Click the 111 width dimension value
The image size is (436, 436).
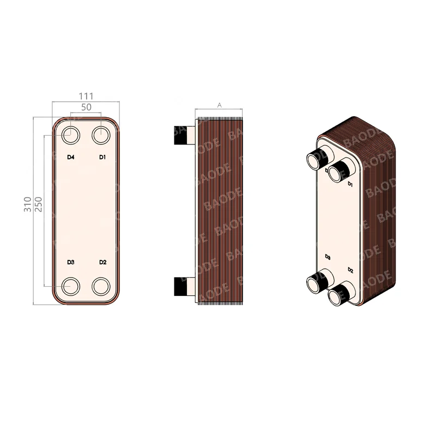pyautogui.click(x=86, y=96)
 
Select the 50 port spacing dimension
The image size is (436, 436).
pyautogui.click(x=86, y=107)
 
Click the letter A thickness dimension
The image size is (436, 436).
pyautogui.click(x=220, y=105)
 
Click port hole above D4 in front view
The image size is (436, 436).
pyautogui.click(x=70, y=135)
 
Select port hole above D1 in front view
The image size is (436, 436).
pyautogui.click(x=101, y=135)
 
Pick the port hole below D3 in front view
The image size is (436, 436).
pyautogui.click(x=70, y=286)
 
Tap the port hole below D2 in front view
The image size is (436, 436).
pyautogui.click(x=101, y=286)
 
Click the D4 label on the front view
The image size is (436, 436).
pyautogui.click(x=70, y=158)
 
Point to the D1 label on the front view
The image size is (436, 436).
pyautogui.click(x=102, y=158)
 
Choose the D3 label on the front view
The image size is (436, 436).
pyautogui.click(x=70, y=263)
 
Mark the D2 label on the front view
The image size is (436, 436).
pyautogui.click(x=102, y=263)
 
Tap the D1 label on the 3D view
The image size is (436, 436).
pyautogui.click(x=350, y=185)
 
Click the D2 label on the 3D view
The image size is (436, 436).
pyautogui.click(x=350, y=271)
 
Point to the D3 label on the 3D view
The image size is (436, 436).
pyautogui.click(x=328, y=256)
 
